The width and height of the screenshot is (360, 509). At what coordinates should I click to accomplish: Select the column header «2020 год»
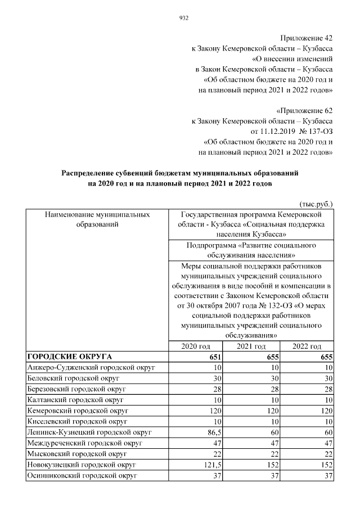(197, 346)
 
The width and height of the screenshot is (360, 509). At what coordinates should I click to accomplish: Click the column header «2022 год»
(307, 346)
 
